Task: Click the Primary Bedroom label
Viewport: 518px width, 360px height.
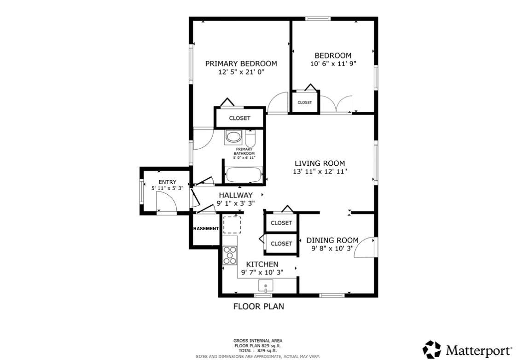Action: [241, 64]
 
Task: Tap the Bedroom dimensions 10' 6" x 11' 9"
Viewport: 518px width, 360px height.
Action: [333, 64]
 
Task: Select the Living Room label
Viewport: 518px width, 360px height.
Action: [320, 163]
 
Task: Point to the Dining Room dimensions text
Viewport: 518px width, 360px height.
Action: [332, 249]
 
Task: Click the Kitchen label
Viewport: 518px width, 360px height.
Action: [262, 264]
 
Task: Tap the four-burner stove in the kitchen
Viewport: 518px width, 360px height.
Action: [230, 255]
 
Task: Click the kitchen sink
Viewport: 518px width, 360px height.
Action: [266, 286]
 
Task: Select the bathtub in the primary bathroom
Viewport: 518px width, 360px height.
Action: [244, 175]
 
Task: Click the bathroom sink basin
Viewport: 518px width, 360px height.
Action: [233, 137]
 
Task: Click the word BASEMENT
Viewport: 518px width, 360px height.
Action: [206, 228]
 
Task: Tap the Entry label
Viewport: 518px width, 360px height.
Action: [168, 182]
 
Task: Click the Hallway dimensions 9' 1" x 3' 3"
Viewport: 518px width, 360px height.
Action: [236, 203]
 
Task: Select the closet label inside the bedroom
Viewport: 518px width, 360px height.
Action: [305, 102]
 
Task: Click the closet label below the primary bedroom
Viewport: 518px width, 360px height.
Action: [239, 118]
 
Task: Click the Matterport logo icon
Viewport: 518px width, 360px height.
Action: [432, 349]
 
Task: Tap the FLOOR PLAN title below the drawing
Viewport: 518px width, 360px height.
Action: [259, 307]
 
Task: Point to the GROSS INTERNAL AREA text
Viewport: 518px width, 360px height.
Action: [258, 341]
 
